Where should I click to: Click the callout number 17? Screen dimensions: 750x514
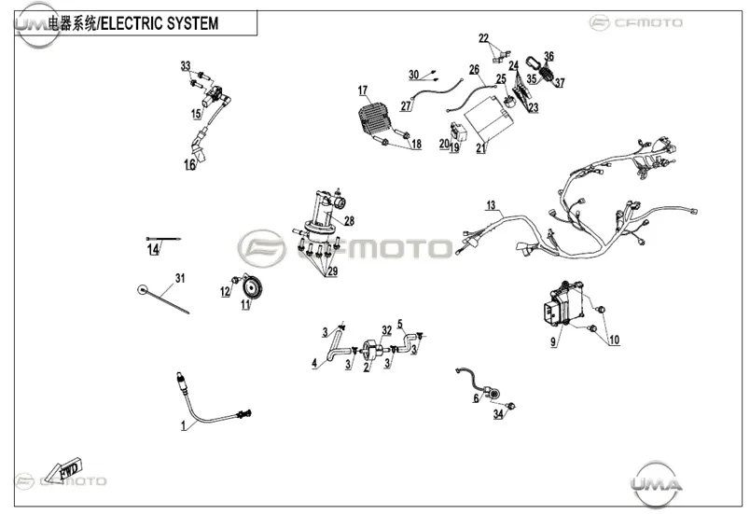[363, 90]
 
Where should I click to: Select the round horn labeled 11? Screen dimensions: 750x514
[249, 287]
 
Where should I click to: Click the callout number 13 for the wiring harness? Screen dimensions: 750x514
[491, 205]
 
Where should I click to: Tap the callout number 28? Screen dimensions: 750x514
[349, 221]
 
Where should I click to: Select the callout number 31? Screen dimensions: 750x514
[180, 278]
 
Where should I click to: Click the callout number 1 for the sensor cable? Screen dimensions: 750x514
[183, 425]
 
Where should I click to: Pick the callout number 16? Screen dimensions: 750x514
[190, 164]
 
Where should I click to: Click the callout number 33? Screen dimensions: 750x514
[186, 66]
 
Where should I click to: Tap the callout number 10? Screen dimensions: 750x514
[614, 340]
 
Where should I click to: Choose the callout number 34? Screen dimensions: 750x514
[498, 414]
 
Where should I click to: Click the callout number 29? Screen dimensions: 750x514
[332, 271]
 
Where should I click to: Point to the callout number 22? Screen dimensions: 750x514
[483, 37]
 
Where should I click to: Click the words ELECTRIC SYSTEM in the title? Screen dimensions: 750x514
[160, 23]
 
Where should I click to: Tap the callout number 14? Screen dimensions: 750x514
[153, 249]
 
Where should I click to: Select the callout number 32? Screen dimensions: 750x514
[386, 330]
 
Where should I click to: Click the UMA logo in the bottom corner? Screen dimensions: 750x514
[655, 483]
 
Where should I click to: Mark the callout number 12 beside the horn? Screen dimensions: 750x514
[226, 291]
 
